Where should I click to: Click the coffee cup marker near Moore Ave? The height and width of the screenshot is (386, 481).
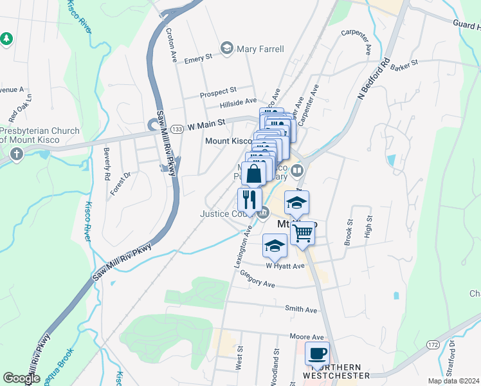pos(317,353)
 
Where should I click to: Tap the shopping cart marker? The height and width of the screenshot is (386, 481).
pos(302,232)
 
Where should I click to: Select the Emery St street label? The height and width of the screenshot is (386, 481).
pos(198,58)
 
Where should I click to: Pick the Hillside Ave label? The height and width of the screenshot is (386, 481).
pos(238,102)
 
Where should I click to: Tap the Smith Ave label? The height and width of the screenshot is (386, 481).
pos(302,309)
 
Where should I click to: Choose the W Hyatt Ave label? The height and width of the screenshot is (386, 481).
pos(285,265)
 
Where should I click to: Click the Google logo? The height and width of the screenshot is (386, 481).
pos(21,378)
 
